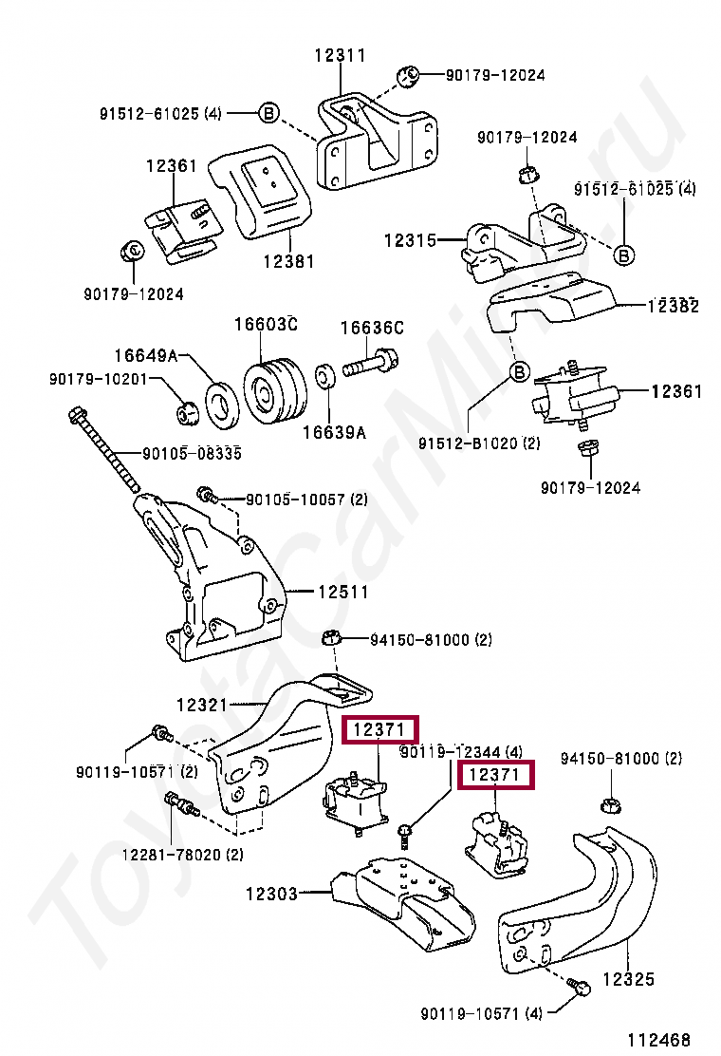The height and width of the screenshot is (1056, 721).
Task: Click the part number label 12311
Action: tap(340, 56)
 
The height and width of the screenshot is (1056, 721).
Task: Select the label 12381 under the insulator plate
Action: tap(288, 261)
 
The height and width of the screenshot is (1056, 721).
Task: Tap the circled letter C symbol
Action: tap(133, 250)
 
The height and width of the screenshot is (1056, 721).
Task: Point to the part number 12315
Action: tap(409, 241)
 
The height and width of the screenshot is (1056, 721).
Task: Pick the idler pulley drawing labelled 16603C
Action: tap(274, 389)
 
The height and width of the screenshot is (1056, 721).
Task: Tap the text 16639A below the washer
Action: tap(333, 433)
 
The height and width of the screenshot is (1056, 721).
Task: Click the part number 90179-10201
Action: tap(100, 379)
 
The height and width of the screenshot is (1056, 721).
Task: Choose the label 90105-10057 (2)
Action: tap(305, 499)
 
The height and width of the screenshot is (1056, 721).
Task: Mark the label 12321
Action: tap(202, 705)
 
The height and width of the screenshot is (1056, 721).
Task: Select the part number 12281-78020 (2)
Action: tap(181, 854)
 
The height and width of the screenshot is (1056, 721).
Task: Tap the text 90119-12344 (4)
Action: tap(461, 752)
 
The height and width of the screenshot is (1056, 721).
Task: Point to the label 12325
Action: tap(628, 979)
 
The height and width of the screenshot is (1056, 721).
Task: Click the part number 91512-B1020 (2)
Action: tap(478, 443)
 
